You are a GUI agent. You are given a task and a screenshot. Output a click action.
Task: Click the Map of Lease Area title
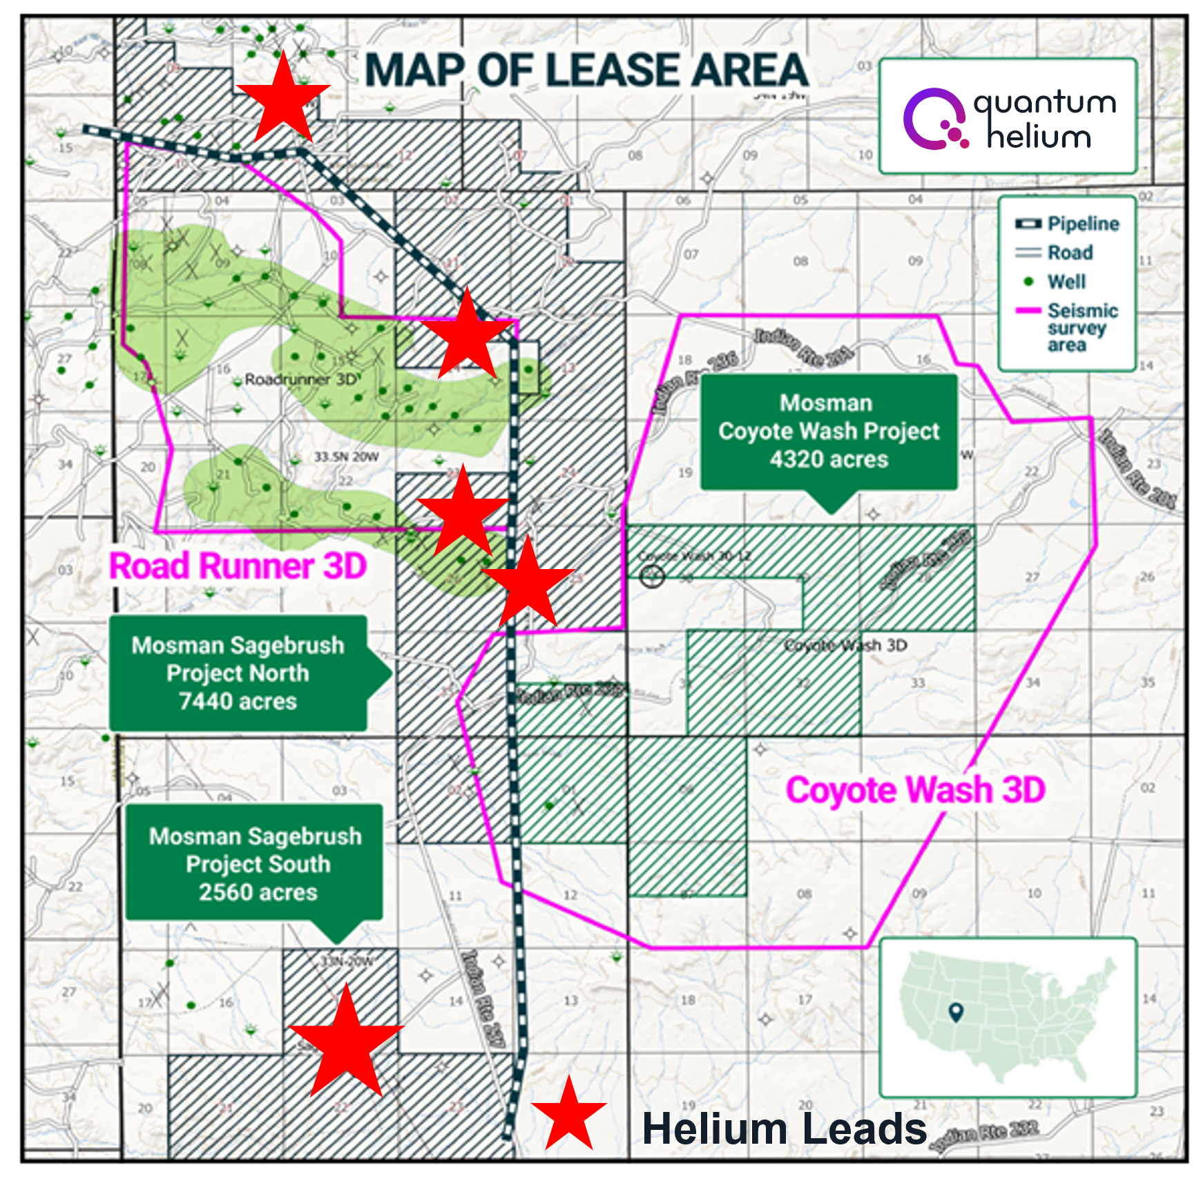[586, 70]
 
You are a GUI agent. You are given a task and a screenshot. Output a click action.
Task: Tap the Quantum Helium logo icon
[936, 119]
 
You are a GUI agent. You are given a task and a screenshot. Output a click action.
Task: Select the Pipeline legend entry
[1067, 224]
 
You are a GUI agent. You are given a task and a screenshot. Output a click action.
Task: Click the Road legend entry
[1055, 253]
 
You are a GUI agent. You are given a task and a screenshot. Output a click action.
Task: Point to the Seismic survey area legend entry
[1068, 327]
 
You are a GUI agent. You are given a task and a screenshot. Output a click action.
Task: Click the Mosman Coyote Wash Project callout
[829, 432]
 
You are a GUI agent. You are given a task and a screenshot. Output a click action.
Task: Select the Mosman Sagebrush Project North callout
[238, 673]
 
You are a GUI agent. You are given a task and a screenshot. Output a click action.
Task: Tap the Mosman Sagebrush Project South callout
[255, 864]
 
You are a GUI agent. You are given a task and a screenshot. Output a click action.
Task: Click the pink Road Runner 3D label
[238, 566]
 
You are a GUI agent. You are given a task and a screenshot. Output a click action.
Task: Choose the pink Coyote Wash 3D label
[916, 790]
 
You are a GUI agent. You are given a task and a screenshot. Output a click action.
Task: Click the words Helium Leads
[785, 1129]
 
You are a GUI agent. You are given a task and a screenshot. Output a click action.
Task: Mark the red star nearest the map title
[283, 99]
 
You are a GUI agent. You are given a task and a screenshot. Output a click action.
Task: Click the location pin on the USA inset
[956, 1012]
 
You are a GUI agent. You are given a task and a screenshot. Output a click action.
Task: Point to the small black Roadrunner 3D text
[301, 379]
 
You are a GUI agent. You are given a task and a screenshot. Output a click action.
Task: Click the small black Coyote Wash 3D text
[846, 646]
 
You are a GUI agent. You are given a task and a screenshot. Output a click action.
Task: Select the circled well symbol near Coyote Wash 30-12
[653, 576]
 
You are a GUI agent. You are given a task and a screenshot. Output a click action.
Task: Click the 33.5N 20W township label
[346, 457]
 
